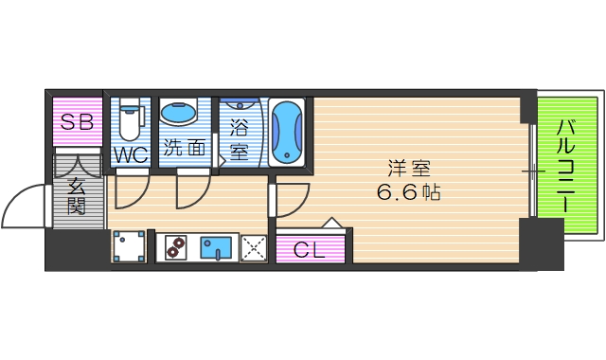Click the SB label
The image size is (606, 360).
(76, 121)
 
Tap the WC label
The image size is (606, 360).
(130, 154)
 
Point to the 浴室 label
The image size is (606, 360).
(240, 137)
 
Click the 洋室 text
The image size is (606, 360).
(409, 169)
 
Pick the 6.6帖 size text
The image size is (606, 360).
(409, 191)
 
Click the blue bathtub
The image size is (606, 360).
(287, 132)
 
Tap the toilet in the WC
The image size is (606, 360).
(131, 118)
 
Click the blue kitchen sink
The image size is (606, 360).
(219, 247)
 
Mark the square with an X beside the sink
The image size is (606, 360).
(253, 248)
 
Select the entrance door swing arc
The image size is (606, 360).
(24, 204)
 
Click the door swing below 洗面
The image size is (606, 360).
(192, 193)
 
